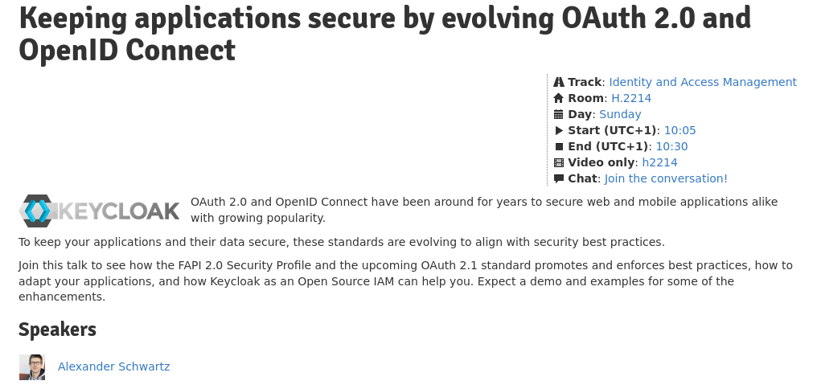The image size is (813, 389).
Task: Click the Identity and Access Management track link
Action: click(703, 82)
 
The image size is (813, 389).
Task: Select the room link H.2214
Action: click(631, 98)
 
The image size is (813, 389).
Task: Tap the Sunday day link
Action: click(620, 114)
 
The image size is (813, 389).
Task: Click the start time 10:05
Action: click(680, 130)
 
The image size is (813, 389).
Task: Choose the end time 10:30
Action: click(671, 146)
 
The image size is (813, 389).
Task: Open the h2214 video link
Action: click(659, 162)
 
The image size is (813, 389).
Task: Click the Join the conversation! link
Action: click(666, 178)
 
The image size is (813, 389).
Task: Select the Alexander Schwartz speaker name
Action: click(113, 366)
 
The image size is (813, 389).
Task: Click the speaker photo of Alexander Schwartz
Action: click(32, 367)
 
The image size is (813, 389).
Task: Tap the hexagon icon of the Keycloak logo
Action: click(36, 211)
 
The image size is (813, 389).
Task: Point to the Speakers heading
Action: click(58, 330)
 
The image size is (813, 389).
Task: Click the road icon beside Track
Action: click(558, 82)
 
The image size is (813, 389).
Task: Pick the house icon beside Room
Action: click(558, 98)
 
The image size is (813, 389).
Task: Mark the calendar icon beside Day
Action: click(558, 114)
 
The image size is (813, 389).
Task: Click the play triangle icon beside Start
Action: click(558, 130)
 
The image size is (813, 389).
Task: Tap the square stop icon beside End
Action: click(558, 146)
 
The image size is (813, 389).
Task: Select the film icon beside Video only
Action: click(558, 162)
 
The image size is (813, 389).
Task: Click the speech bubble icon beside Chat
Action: click(558, 178)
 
